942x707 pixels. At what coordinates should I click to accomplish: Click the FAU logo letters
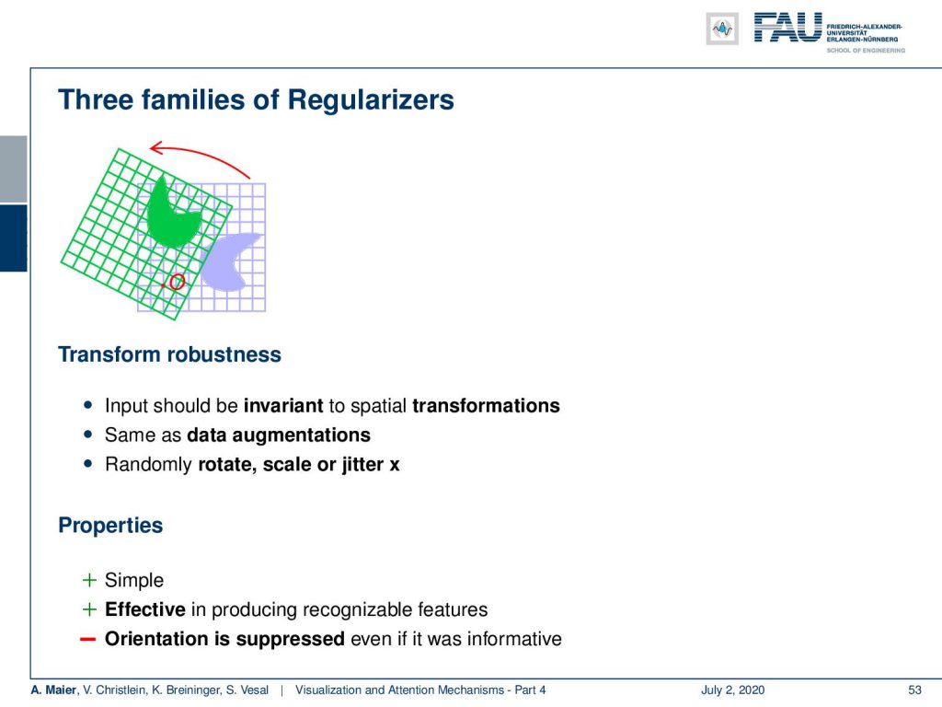click(787, 28)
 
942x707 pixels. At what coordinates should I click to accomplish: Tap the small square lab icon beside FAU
click(722, 29)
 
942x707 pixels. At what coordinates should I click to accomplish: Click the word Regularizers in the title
click(371, 99)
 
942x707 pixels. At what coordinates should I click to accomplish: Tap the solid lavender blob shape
click(229, 261)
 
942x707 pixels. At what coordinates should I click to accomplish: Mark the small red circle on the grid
click(177, 282)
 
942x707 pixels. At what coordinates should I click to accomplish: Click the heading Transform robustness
click(169, 354)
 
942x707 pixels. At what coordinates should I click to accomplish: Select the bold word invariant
click(283, 406)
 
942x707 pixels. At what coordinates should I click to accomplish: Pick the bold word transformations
click(486, 406)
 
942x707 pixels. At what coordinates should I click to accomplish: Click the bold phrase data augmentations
click(279, 435)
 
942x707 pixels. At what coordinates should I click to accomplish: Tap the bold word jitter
click(362, 465)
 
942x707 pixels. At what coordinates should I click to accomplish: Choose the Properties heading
click(110, 526)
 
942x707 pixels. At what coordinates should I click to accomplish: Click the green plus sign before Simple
click(89, 580)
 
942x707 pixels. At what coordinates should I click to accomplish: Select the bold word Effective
click(144, 609)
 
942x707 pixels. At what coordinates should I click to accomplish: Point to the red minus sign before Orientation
click(88, 639)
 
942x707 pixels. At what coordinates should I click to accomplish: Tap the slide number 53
click(914, 690)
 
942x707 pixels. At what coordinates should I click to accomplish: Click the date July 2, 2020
click(732, 690)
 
